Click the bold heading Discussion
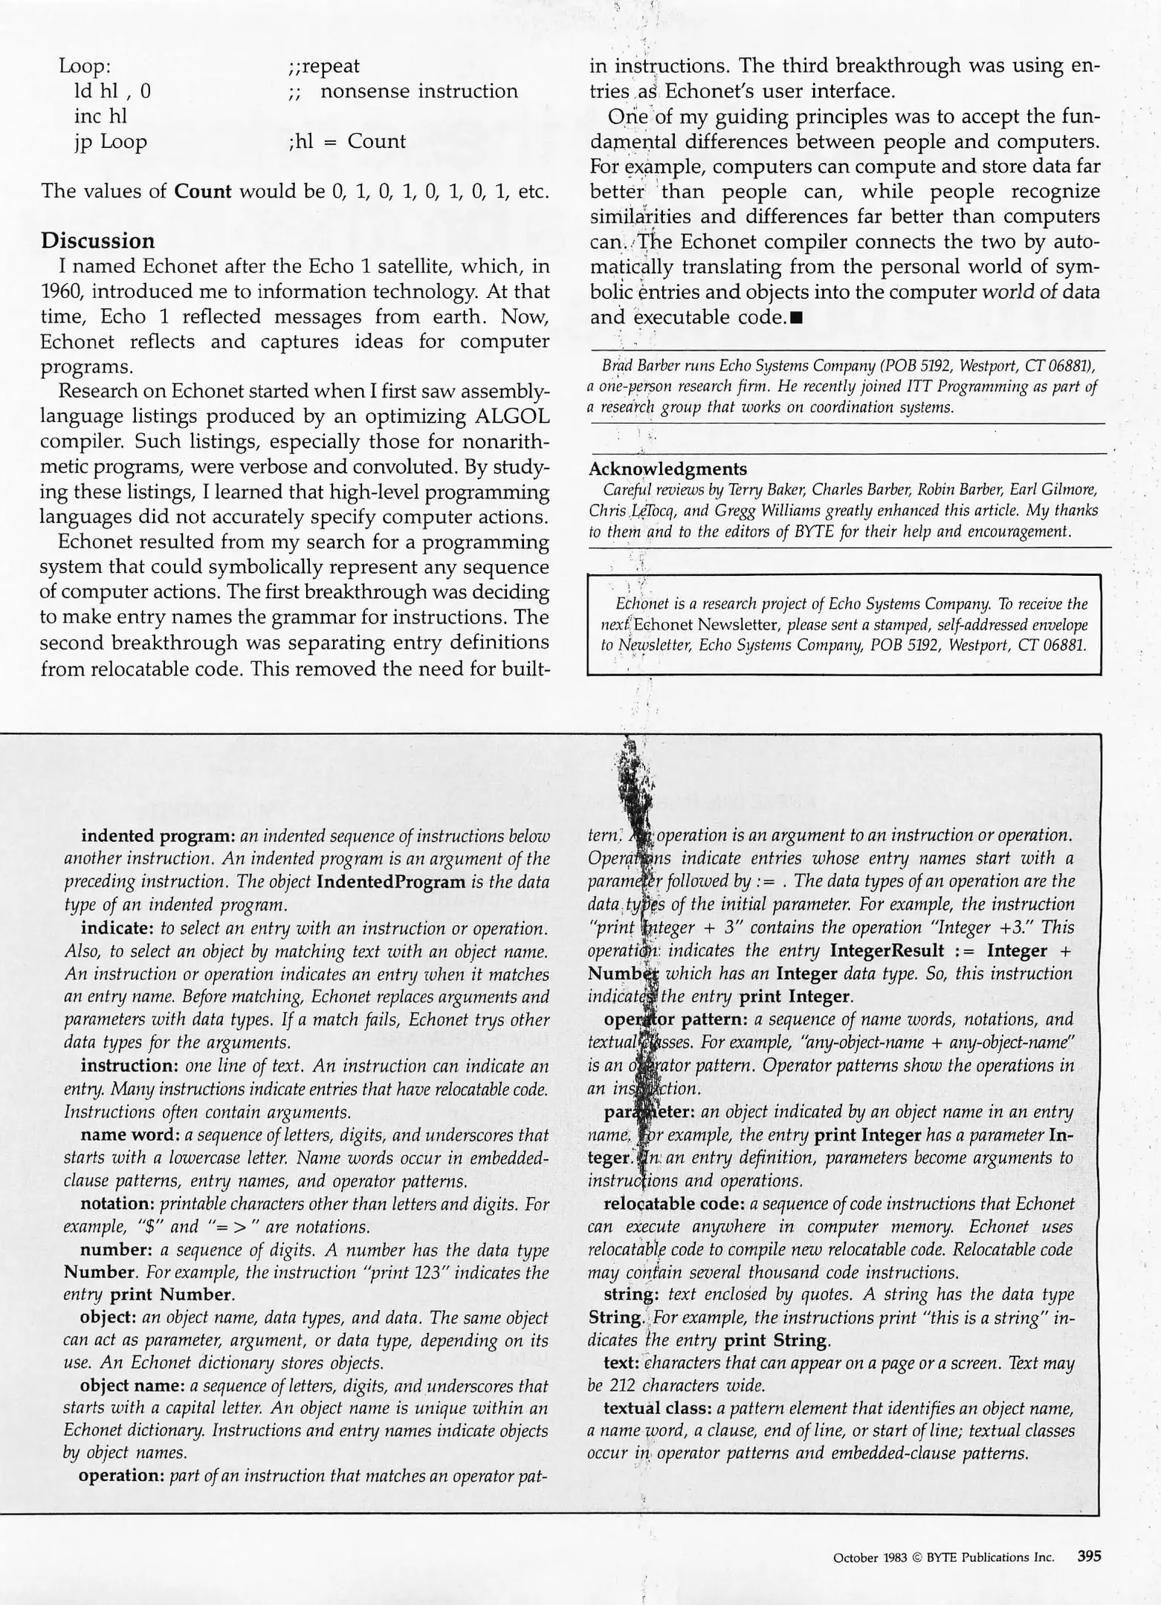[x=97, y=241]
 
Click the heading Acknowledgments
[x=667, y=469]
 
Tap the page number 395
[x=1089, y=1557]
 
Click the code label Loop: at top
[x=85, y=66]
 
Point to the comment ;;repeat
[x=323, y=66]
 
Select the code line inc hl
[x=100, y=116]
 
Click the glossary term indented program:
[x=158, y=835]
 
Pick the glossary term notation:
[x=118, y=1204]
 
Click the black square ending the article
[x=797, y=319]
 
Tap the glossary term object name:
[x=132, y=1386]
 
